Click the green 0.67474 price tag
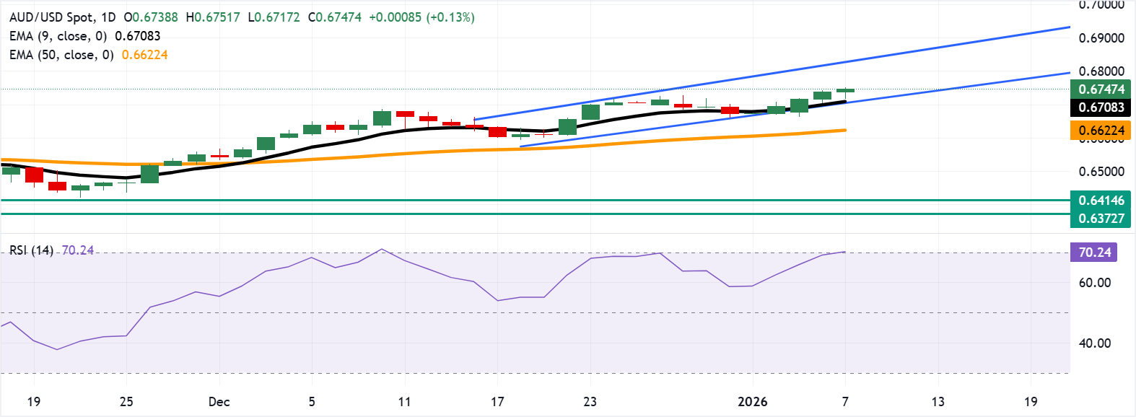(x=1101, y=89)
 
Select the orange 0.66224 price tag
(x=1101, y=131)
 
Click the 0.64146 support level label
(x=1101, y=201)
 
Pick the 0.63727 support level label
(x=1101, y=219)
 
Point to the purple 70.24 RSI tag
(x=1094, y=253)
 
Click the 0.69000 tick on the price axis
(x=1101, y=38)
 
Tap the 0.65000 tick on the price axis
(x=1101, y=172)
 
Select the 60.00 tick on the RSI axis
(x=1094, y=283)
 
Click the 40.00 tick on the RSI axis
(x=1094, y=343)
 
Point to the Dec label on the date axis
(x=219, y=402)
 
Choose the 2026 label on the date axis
(x=753, y=402)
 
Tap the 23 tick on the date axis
(x=590, y=402)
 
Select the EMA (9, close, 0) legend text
(x=58, y=36)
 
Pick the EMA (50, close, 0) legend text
(x=61, y=55)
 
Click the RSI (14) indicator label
(x=31, y=250)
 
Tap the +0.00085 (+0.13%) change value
(x=421, y=17)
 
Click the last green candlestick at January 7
(x=845, y=90)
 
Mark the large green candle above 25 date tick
(x=149, y=174)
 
